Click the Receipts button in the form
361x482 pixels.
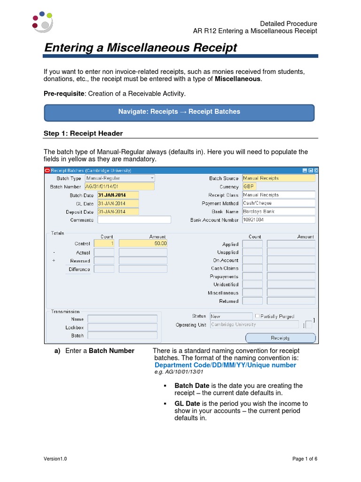pyautogui.click(x=280, y=338)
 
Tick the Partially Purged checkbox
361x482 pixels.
pyautogui.click(x=257, y=316)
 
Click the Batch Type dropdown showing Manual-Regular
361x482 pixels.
pyautogui.click(x=120, y=178)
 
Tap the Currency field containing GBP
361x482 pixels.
pyautogui.click(x=278, y=186)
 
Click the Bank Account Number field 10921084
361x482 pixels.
pyautogui.click(x=278, y=220)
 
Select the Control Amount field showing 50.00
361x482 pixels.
pyautogui.click(x=143, y=244)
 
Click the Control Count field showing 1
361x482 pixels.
pyautogui.click(x=104, y=244)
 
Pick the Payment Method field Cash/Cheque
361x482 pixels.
pyautogui.click(x=278, y=203)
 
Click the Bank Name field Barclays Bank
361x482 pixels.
pyautogui.click(x=278, y=211)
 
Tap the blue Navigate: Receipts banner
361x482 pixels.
pyautogui.click(x=179, y=112)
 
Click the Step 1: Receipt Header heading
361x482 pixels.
pyautogui.click(x=83, y=134)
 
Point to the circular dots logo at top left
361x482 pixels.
pyautogui.click(x=41, y=21)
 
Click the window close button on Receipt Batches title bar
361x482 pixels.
pyautogui.click(x=316, y=170)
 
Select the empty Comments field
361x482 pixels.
pyautogui.click(x=134, y=220)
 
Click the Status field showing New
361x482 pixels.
pyautogui.click(x=230, y=316)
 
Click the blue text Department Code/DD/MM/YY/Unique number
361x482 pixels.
pyautogui.click(x=225, y=365)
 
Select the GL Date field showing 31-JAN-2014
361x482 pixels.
pyautogui.click(x=118, y=203)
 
